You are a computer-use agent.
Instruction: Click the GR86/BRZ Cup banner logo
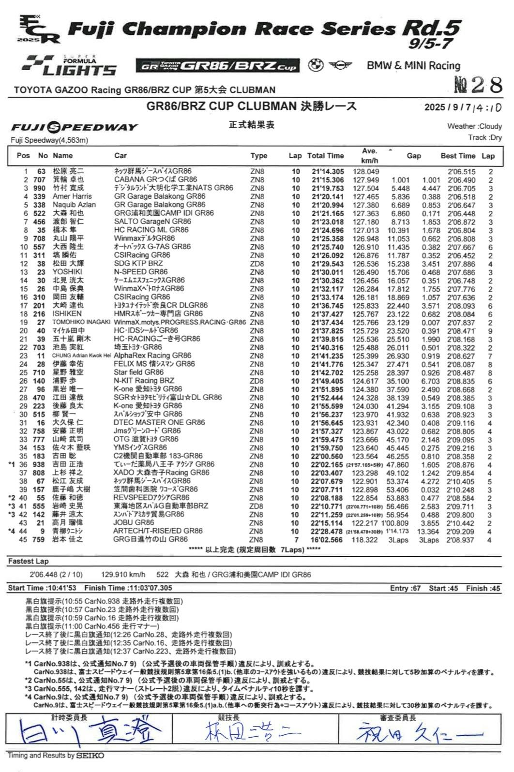point(217,66)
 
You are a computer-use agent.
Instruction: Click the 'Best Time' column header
point(457,156)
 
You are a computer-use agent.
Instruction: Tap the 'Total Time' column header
point(325,156)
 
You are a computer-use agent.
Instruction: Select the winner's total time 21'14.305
point(328,172)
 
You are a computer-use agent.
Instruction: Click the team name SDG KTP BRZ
point(138,264)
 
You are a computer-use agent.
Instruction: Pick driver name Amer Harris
point(72,196)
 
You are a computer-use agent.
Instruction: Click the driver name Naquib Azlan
point(74,205)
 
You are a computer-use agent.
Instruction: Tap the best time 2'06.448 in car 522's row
point(461,213)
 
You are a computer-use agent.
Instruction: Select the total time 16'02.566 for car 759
point(327,540)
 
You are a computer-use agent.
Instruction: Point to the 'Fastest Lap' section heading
point(29,561)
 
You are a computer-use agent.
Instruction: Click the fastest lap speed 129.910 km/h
point(123,575)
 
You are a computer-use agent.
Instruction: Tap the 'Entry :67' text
point(405,588)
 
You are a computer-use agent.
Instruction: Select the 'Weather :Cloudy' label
point(474,126)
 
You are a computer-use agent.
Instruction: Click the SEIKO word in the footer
point(90,756)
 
